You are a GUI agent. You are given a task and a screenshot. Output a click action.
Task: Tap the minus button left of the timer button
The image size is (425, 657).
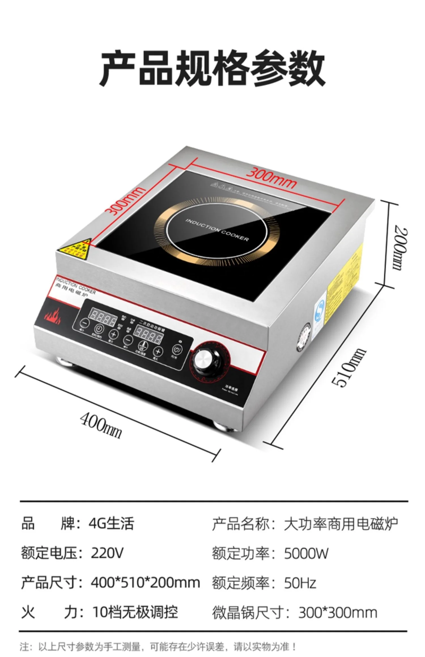click(x=84, y=323)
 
